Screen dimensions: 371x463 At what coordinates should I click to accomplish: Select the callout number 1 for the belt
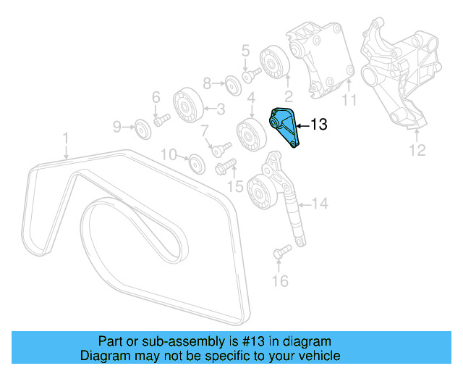click(65, 137)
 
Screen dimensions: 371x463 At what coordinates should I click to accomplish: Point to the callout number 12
click(417, 151)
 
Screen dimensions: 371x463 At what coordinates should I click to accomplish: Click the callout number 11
click(349, 100)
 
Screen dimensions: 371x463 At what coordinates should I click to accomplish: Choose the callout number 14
click(319, 204)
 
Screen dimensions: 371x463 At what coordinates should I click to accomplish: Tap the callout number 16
click(280, 280)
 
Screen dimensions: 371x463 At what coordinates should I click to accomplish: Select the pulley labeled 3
click(187, 109)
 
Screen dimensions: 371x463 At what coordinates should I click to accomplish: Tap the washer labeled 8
click(232, 83)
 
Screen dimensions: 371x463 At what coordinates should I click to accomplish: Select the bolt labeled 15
click(222, 168)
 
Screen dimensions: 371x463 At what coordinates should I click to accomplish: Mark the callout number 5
click(245, 51)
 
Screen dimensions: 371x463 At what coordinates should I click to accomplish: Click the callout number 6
click(155, 97)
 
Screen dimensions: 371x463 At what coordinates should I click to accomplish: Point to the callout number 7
click(205, 131)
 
